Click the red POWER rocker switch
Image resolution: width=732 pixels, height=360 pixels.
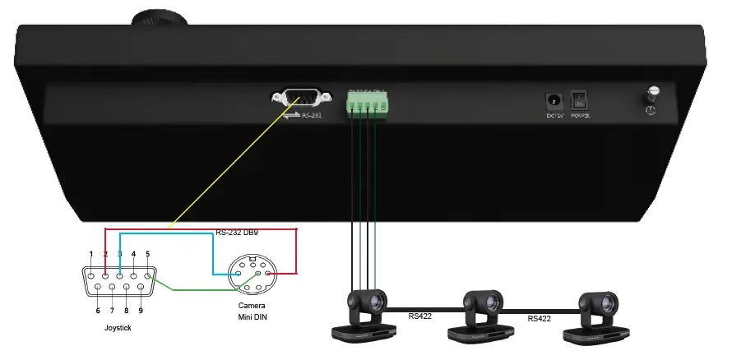tap(580, 100)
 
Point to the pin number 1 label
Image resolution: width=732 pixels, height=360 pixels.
tap(91, 254)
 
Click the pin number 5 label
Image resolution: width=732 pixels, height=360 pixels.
tap(147, 254)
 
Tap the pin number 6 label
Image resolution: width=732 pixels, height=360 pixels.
tap(98, 311)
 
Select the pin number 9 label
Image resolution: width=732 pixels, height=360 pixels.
tap(141, 311)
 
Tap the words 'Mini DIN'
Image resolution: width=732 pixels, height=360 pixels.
tap(252, 316)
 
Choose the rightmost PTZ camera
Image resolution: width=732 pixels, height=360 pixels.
tap(599, 316)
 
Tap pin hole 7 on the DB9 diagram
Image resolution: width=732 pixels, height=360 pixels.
tap(112, 287)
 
